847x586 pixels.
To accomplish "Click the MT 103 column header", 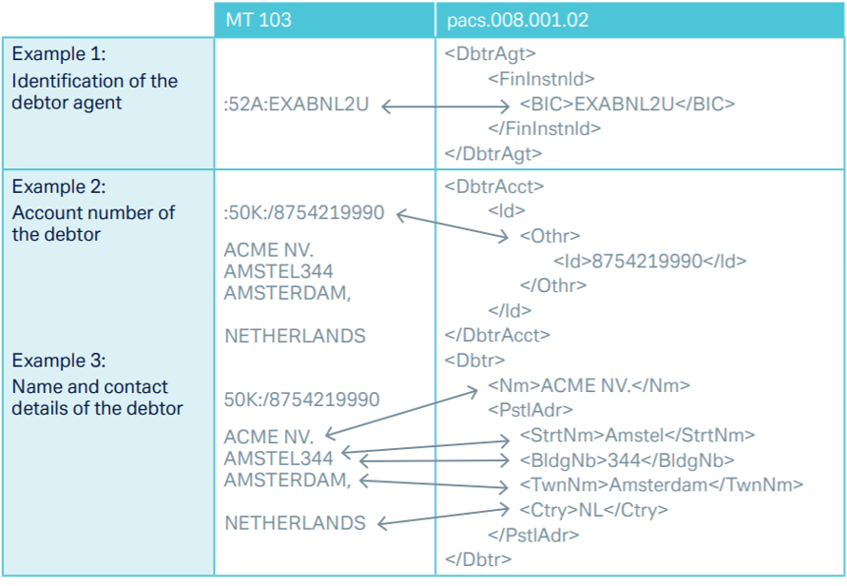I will (x=259, y=20).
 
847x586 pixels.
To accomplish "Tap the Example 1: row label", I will (x=59, y=54).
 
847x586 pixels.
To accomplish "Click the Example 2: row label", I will (x=59, y=186).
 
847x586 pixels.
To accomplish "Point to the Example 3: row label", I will (x=59, y=361).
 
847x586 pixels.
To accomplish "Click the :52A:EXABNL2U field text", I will (x=298, y=106).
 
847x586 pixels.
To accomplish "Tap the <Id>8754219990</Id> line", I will (x=650, y=261).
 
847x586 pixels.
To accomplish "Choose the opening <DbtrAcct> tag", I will (x=494, y=186).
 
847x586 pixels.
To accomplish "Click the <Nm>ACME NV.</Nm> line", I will (x=588, y=385).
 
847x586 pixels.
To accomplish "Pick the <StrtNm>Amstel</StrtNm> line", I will (x=637, y=435).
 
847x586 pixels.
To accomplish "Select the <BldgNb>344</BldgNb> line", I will (x=626, y=460).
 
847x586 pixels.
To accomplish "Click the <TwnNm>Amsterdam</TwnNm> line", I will (x=661, y=485).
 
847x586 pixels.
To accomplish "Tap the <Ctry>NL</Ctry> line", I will (x=593, y=510).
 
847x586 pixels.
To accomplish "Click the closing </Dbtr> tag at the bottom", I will (x=477, y=559).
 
